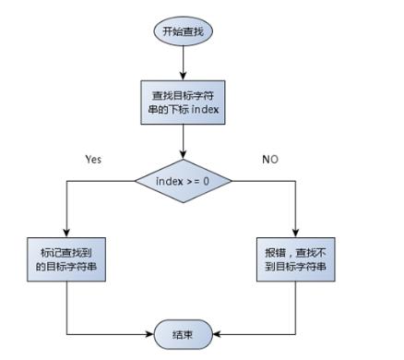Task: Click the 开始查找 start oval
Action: [x=184, y=30]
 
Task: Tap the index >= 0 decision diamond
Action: [x=184, y=179]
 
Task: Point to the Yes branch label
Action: [x=93, y=159]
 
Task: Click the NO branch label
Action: [x=270, y=159]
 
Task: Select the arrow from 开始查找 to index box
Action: [x=184, y=61]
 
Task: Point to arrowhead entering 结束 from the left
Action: [x=150, y=333]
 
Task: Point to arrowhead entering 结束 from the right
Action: [x=218, y=333]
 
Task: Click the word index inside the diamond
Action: [x=169, y=179]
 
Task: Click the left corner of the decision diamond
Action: [x=136, y=179]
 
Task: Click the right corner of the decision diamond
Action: [x=232, y=179]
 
